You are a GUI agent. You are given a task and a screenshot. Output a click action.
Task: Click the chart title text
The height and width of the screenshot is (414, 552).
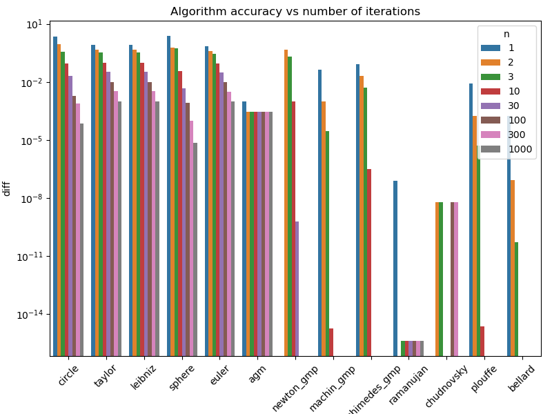(295, 11)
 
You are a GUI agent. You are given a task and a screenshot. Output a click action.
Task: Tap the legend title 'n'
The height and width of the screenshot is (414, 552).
(506, 34)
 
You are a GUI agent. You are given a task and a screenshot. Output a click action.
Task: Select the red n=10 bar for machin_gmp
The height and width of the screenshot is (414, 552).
(331, 342)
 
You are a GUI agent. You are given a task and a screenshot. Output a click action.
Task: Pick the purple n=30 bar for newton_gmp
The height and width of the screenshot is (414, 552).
(297, 288)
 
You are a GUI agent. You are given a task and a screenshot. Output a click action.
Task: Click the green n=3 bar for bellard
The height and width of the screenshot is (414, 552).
(517, 298)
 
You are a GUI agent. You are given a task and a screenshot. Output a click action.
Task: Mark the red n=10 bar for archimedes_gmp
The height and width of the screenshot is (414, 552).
(369, 262)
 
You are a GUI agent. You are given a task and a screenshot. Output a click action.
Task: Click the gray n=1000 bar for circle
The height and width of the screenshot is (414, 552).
(81, 239)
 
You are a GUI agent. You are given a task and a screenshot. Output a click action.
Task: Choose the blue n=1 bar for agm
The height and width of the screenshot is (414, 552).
(244, 228)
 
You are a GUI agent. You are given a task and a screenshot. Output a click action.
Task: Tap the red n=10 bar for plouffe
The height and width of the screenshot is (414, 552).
(482, 341)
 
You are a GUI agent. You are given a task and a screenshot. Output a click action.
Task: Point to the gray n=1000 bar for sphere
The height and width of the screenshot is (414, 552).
(195, 249)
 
